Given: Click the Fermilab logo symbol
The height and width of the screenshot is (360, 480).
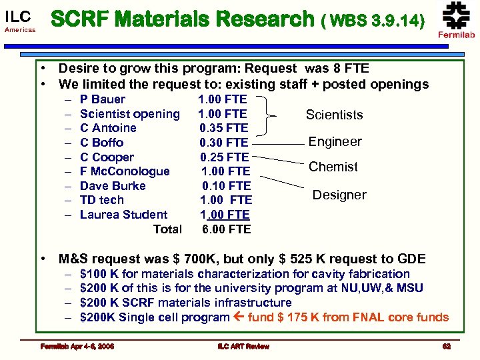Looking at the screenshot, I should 457,15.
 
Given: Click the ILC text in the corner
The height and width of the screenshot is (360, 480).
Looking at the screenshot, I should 17,16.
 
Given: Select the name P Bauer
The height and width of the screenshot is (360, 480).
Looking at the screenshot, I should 102,99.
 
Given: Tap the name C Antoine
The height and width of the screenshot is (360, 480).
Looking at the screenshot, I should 108,128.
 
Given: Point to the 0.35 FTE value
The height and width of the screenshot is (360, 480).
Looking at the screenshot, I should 223,128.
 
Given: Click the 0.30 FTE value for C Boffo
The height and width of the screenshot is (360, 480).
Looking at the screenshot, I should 223,143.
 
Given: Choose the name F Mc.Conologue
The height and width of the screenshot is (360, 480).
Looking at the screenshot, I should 125,171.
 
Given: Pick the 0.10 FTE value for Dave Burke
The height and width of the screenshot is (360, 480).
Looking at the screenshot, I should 226,186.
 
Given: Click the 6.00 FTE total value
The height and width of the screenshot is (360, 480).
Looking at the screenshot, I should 226,229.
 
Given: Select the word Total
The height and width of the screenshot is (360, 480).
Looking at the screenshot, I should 167,229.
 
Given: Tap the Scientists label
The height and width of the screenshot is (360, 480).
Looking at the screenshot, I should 334,115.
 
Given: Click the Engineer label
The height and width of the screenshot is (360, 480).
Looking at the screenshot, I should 335,141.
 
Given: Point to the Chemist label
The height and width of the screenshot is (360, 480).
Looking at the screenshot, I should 333,167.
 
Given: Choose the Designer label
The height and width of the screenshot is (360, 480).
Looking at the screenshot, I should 339,195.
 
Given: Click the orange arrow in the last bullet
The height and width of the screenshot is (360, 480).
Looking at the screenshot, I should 238,317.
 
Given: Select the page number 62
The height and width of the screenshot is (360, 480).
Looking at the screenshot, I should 446,346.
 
